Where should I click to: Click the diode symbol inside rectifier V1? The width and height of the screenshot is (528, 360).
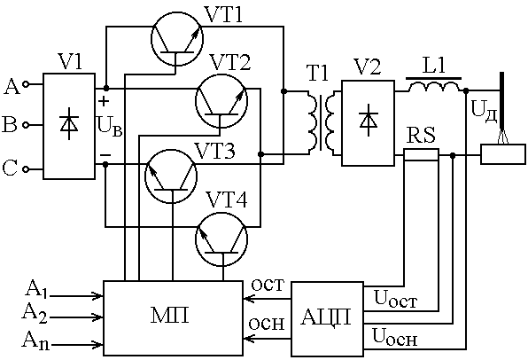(69, 123)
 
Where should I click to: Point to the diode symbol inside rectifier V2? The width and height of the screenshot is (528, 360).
(368, 121)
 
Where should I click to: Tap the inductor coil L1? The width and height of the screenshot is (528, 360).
(434, 87)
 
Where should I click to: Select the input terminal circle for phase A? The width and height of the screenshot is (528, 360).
(26, 84)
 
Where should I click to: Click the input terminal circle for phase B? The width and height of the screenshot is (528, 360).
(26, 125)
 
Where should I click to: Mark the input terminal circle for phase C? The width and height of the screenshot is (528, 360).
(26, 169)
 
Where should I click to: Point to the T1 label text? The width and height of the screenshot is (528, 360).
(317, 72)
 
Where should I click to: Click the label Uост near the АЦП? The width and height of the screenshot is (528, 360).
(396, 299)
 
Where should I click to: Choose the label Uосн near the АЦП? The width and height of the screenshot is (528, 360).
(395, 337)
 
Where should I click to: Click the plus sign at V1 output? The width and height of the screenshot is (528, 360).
(104, 101)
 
